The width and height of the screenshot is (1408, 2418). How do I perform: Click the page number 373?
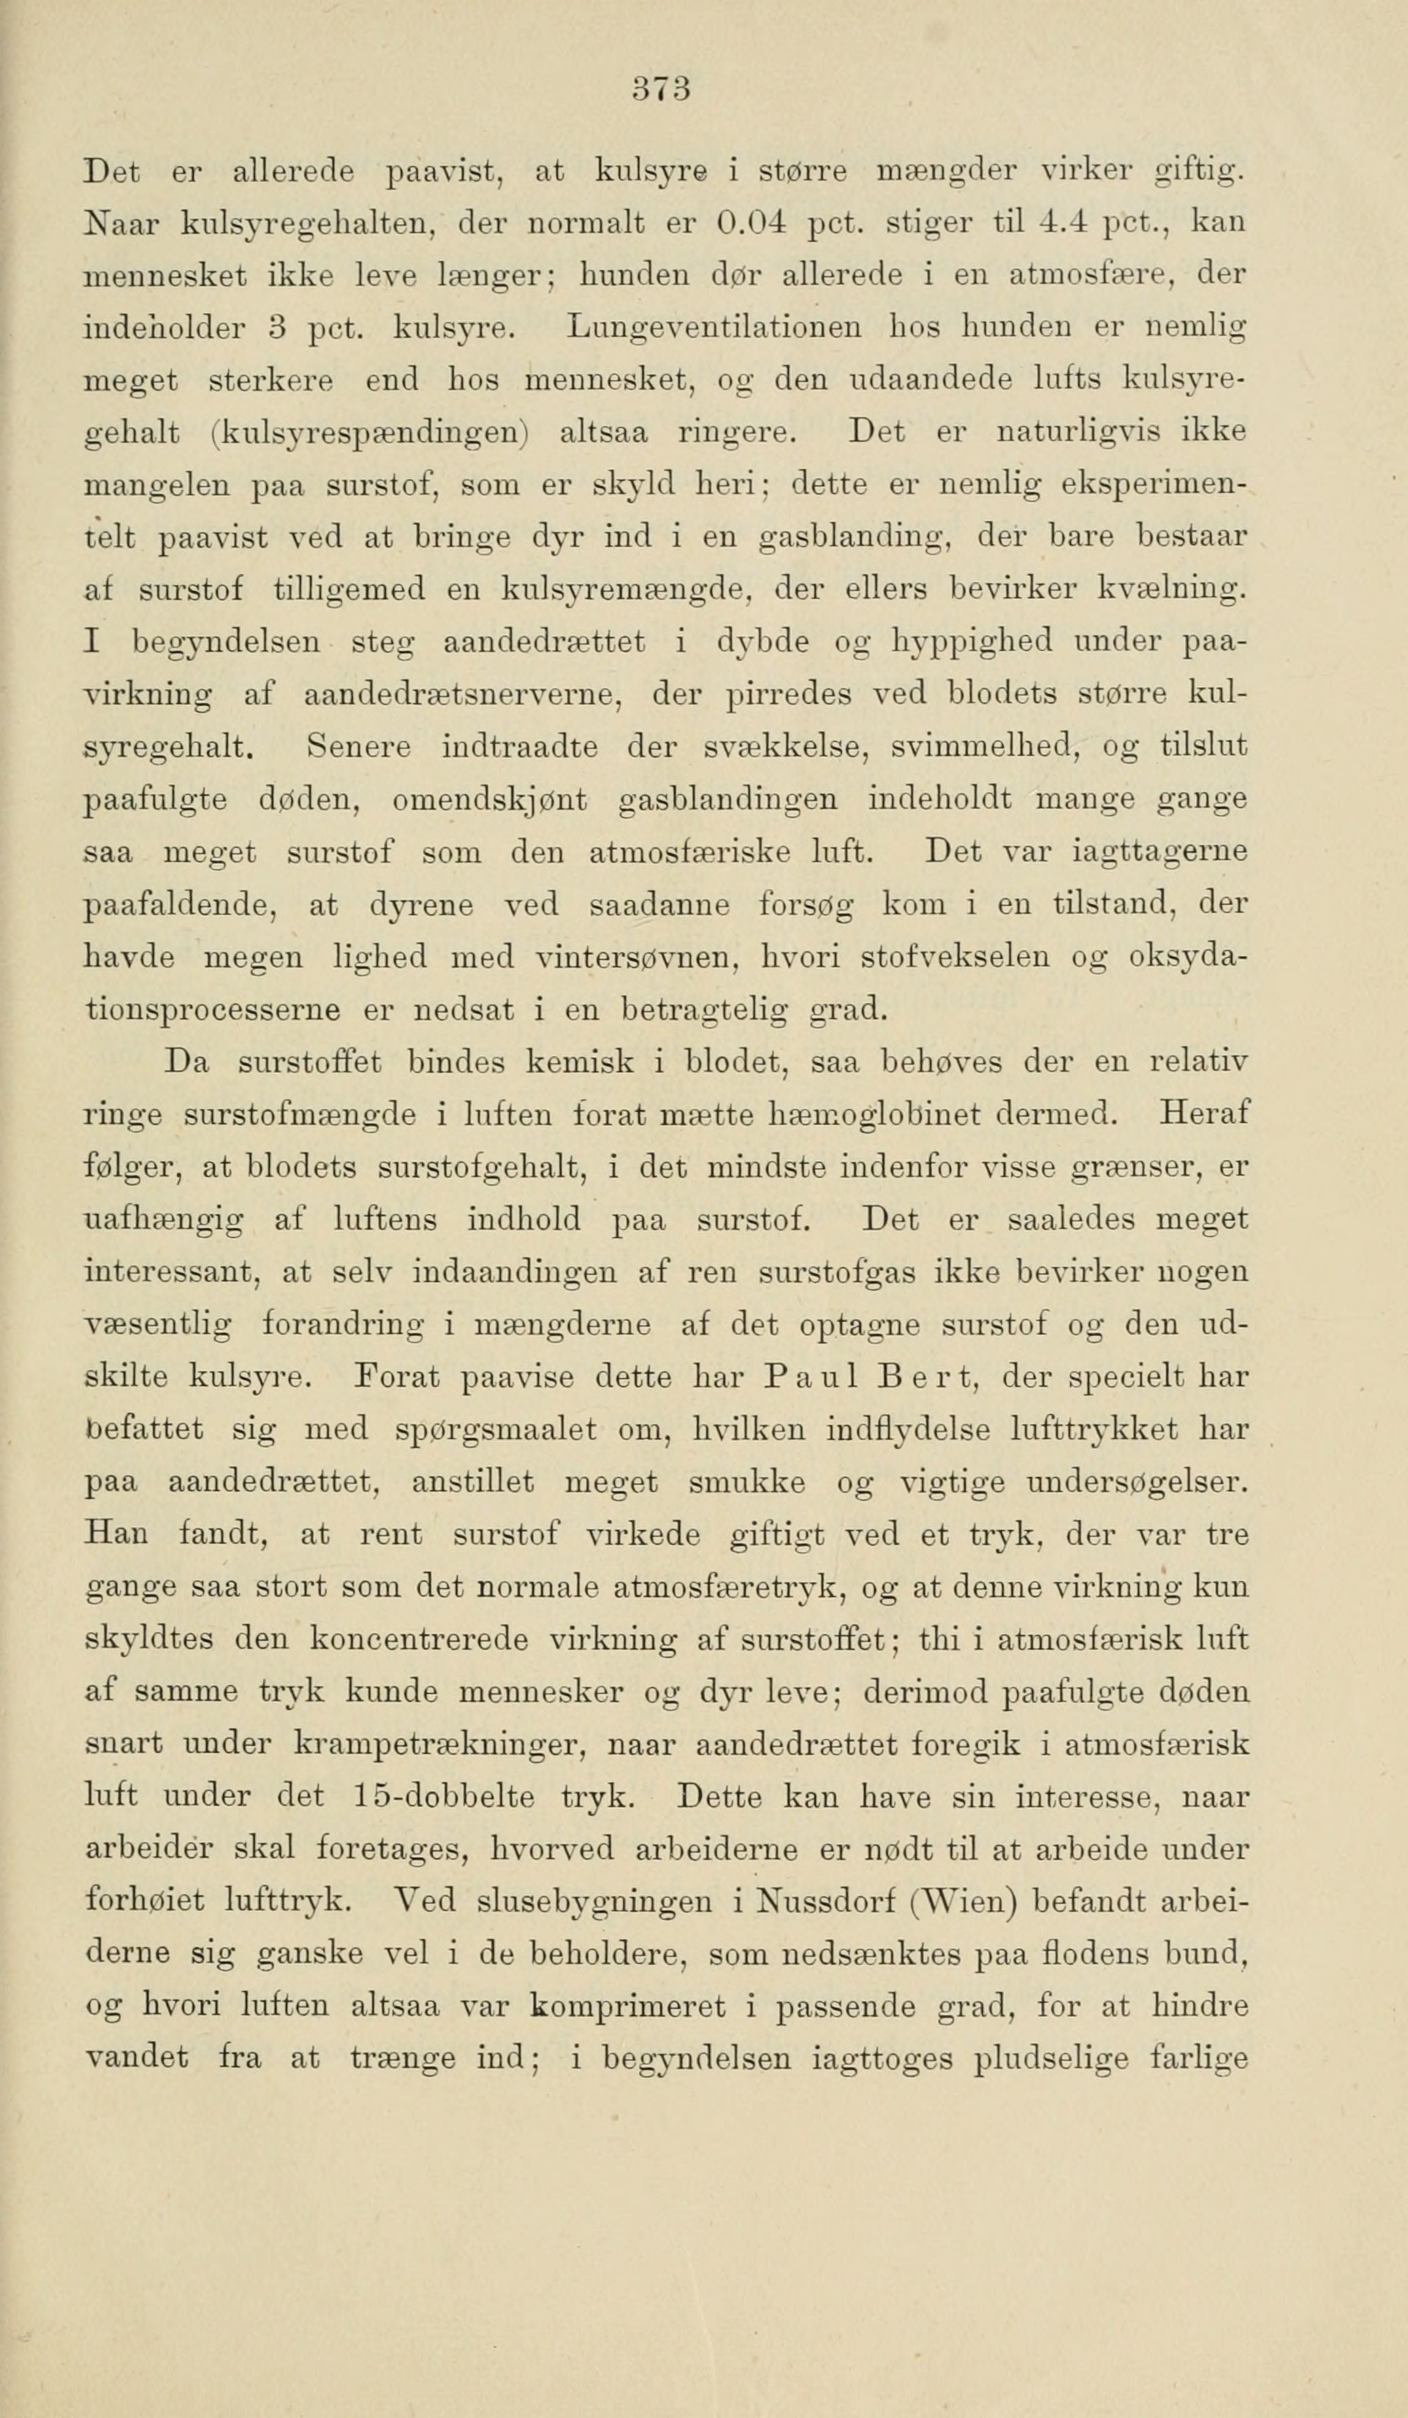point(662,90)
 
